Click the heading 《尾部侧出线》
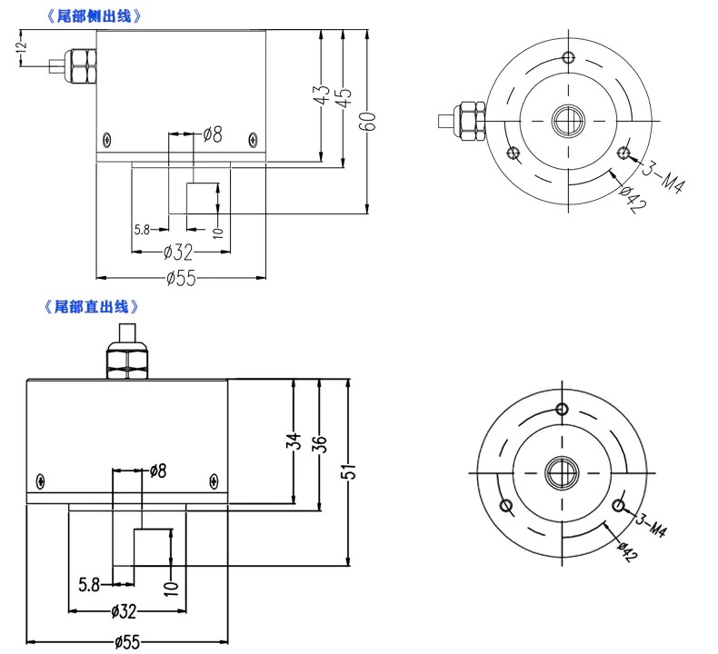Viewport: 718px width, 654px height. click(95, 16)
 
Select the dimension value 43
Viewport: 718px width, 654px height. click(320, 97)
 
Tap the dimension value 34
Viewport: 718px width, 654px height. click(293, 442)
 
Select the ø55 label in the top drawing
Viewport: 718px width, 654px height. click(181, 278)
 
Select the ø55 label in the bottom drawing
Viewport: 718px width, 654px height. click(126, 642)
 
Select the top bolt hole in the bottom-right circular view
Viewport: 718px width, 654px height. click(565, 409)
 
